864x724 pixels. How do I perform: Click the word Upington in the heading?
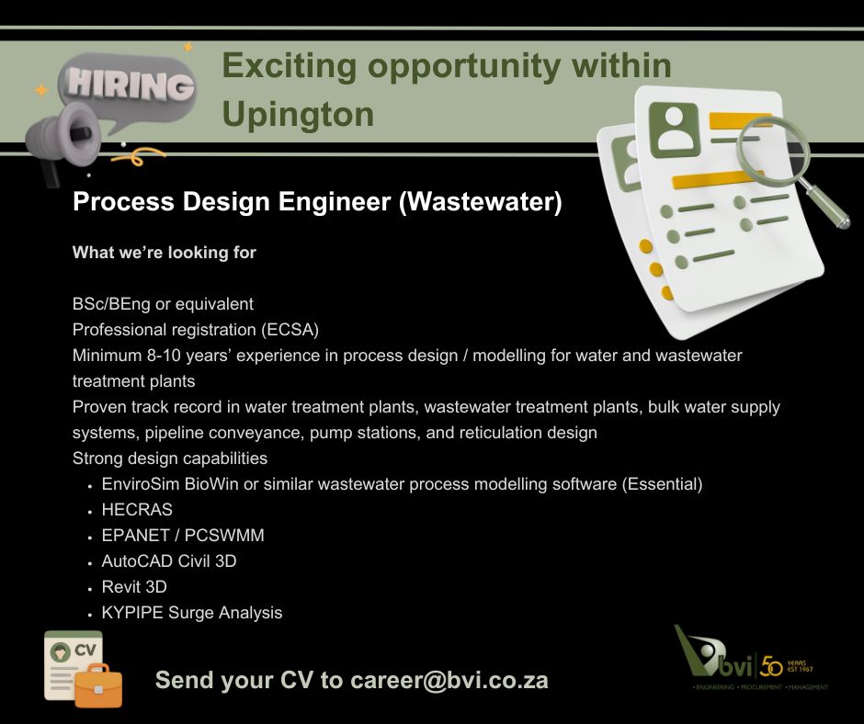298,114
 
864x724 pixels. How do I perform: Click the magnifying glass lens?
779,148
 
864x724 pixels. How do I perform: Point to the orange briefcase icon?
97,684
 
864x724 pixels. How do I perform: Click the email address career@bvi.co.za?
449,681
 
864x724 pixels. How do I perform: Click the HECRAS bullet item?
137,509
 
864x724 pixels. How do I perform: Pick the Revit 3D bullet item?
134,586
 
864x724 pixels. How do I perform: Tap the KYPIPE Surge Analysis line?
192,612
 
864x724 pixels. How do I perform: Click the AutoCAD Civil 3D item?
169,560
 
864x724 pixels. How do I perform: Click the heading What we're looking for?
165,252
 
